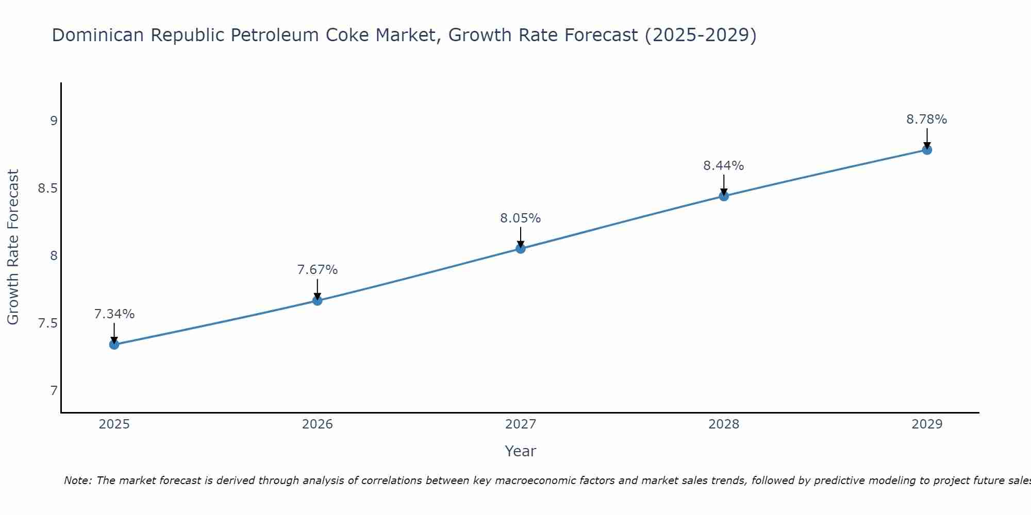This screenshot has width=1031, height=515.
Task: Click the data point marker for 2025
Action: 114,345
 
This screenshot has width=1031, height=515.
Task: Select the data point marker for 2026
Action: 318,300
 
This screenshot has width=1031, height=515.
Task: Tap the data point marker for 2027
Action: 521,249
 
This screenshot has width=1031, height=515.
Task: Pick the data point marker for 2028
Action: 724,196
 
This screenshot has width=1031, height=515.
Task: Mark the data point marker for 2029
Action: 927,150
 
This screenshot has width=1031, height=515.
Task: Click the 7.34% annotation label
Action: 114,314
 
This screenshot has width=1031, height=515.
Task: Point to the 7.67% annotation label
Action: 318,270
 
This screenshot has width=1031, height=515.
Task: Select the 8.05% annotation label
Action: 521,218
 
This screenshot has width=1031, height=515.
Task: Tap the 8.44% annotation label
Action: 724,166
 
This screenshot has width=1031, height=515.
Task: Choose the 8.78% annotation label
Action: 927,119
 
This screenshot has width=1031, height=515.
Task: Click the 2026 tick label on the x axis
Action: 318,424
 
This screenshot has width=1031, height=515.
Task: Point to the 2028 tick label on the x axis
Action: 724,424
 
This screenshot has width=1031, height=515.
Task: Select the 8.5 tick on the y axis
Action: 47,188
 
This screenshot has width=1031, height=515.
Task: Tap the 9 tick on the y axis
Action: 54,121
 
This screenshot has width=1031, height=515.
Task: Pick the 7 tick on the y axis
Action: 54,391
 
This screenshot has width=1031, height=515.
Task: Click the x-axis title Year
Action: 521,451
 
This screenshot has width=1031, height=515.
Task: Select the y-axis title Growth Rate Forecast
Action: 13,247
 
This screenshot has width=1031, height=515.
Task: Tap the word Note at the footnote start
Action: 77,480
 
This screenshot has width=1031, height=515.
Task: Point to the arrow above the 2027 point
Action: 521,237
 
